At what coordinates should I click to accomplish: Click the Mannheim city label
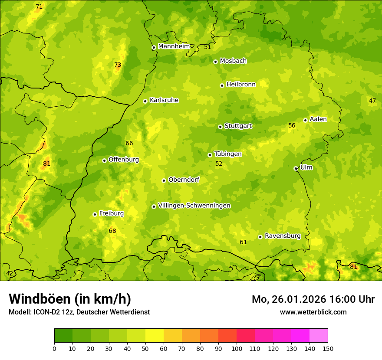[x=174, y=46]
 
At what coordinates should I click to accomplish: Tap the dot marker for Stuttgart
[x=220, y=127]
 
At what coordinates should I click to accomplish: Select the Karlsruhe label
[x=164, y=100]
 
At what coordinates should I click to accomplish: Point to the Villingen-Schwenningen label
[x=194, y=206]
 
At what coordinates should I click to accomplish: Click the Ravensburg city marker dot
[x=260, y=237]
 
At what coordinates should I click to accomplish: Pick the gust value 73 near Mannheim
[x=118, y=65]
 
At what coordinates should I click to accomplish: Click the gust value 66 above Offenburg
[x=129, y=144]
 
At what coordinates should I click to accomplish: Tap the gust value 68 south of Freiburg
[x=112, y=231]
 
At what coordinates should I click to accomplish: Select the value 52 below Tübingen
[x=219, y=164]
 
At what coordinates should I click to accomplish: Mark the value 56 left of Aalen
[x=292, y=126]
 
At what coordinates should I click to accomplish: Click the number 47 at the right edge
[x=372, y=101]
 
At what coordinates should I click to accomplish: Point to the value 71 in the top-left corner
[x=39, y=7]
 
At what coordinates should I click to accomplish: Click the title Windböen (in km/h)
[x=70, y=299]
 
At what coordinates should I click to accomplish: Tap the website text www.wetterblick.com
[x=313, y=312]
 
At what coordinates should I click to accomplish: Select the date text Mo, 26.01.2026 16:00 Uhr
[x=313, y=299]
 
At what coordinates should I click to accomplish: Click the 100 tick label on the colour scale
[x=237, y=349]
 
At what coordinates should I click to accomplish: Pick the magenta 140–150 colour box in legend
[x=319, y=336]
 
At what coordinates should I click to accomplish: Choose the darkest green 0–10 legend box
[x=63, y=336]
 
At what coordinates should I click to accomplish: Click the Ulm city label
[x=306, y=167]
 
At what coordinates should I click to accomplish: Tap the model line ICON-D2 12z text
[x=79, y=312]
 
